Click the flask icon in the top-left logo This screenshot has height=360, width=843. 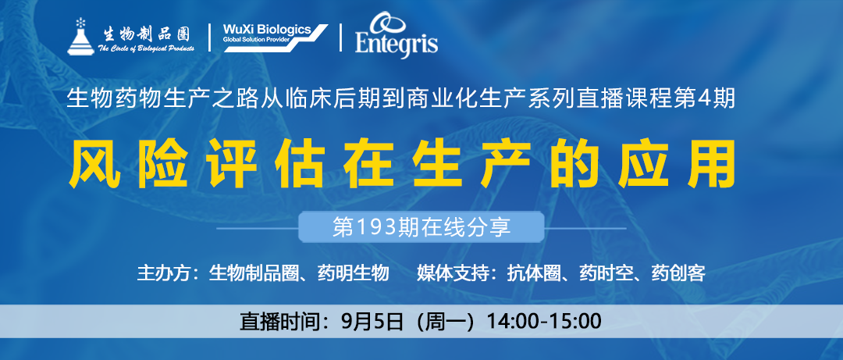[80, 37]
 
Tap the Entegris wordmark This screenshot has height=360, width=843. [397, 42]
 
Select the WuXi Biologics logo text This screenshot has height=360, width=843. [267, 29]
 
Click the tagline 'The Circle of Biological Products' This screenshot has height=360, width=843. [146, 48]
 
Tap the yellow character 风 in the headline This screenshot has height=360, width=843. [93, 163]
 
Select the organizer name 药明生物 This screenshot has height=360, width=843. [354, 273]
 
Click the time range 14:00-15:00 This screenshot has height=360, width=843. [544, 321]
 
